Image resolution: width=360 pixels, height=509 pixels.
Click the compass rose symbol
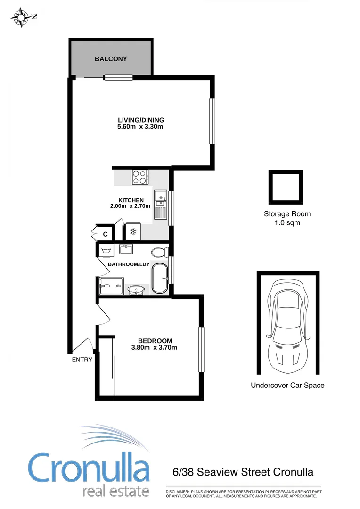(x=21, y=18)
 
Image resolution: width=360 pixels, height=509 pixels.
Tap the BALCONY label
(x=111, y=59)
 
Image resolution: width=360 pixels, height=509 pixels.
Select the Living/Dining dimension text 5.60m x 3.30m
(x=140, y=127)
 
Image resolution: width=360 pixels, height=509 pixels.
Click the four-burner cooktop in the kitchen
(x=140, y=177)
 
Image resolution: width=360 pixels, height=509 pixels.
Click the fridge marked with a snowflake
(x=132, y=232)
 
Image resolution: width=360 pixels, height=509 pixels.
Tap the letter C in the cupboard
(x=106, y=234)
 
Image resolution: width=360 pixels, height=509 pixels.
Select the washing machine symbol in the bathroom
(x=106, y=250)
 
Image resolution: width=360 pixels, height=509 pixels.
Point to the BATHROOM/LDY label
(x=129, y=264)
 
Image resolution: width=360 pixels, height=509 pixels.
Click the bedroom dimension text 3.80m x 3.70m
(x=155, y=348)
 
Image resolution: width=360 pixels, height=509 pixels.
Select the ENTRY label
(x=82, y=360)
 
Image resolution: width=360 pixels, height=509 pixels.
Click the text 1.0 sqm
(x=287, y=222)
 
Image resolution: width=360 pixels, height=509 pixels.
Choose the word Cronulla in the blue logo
(x=89, y=467)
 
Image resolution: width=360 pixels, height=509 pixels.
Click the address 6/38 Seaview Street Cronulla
(x=243, y=472)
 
